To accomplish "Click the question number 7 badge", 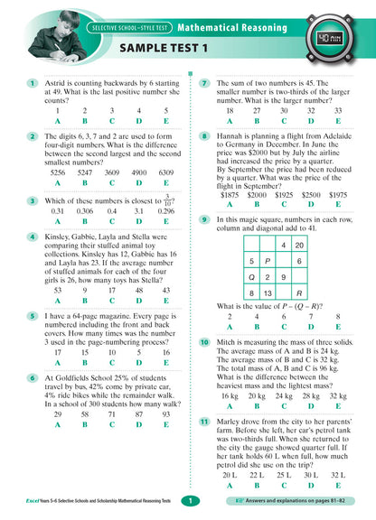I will [x=206, y=83].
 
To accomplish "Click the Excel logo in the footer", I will [x=28, y=500].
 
